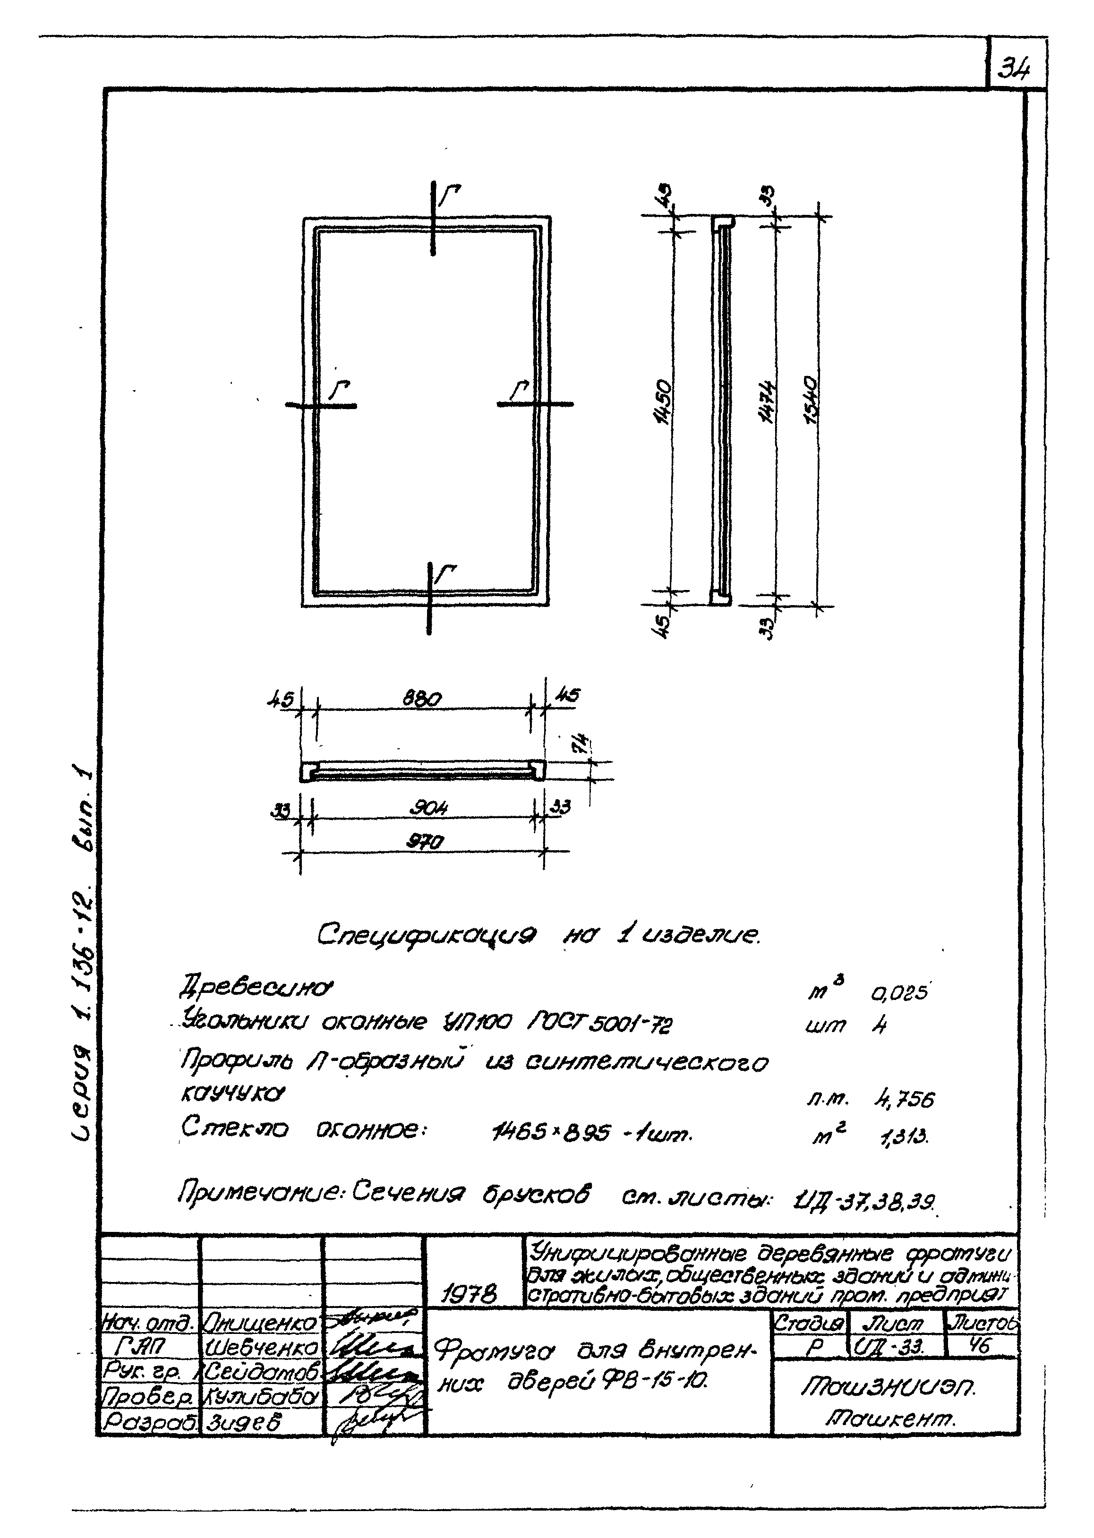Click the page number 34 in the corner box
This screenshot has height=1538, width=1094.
pyautogui.click(x=1014, y=68)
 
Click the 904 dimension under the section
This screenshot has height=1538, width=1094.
pyautogui.click(x=428, y=808)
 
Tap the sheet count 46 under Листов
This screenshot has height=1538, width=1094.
pyautogui.click(x=980, y=1345)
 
